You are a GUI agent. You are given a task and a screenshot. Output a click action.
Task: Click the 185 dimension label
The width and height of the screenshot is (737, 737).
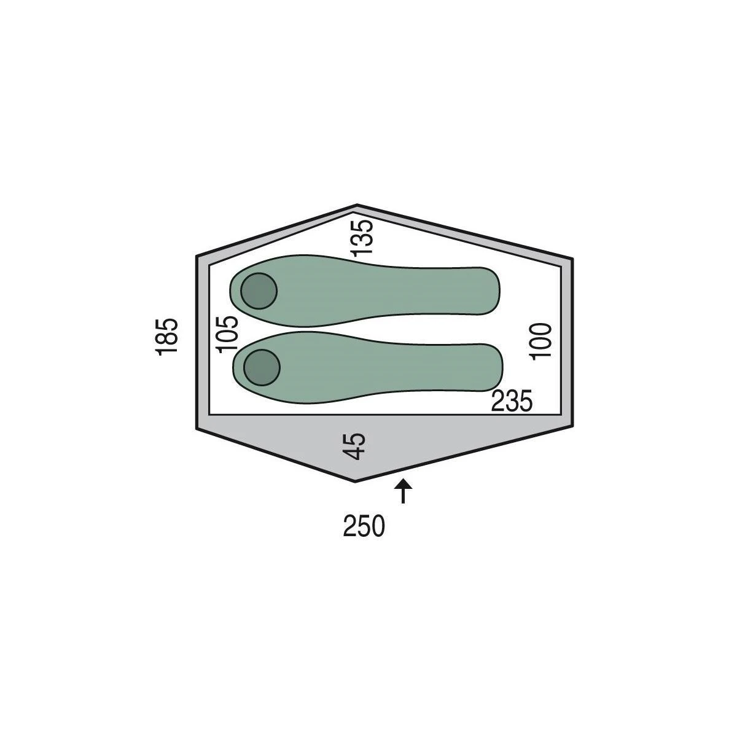pyautogui.click(x=167, y=337)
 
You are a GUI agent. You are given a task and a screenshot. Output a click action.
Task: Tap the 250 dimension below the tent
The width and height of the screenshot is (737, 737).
pyautogui.click(x=364, y=526)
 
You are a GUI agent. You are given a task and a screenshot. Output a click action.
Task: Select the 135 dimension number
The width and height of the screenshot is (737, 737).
pyautogui.click(x=362, y=238)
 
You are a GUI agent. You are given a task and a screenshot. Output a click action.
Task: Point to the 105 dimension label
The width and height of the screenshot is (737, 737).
pyautogui.click(x=227, y=334)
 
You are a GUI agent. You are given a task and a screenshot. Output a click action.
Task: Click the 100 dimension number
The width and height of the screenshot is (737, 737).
pyautogui.click(x=540, y=341)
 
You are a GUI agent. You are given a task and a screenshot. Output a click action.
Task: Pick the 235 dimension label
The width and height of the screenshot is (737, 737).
pyautogui.click(x=512, y=401)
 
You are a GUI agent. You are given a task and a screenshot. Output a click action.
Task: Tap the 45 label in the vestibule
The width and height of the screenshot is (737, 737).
pyautogui.click(x=354, y=446)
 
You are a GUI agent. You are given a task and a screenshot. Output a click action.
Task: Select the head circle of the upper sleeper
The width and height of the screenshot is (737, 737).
pyautogui.click(x=259, y=291)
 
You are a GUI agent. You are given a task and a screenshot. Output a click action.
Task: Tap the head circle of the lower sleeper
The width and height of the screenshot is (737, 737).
pyautogui.click(x=262, y=367)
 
